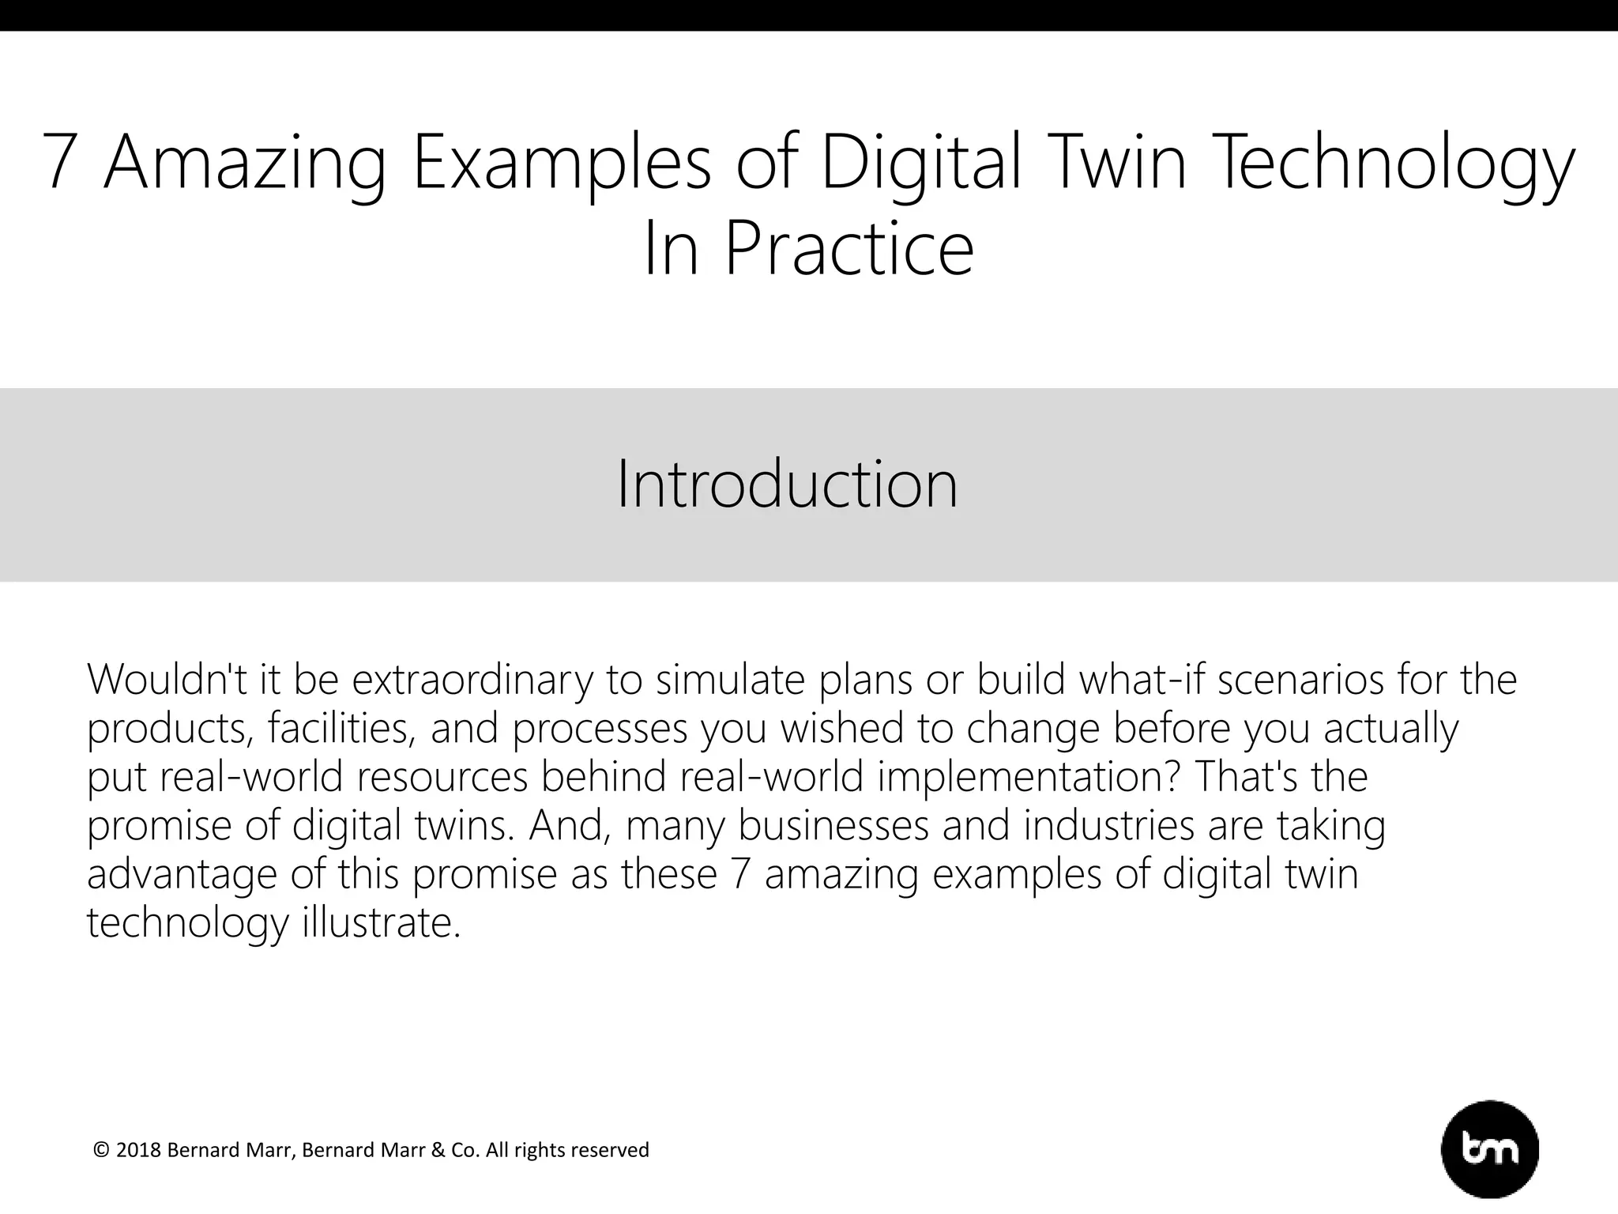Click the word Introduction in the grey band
click(787, 484)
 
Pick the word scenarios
click(1300, 681)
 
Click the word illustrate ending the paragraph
click(380, 922)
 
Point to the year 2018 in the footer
click(138, 1150)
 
